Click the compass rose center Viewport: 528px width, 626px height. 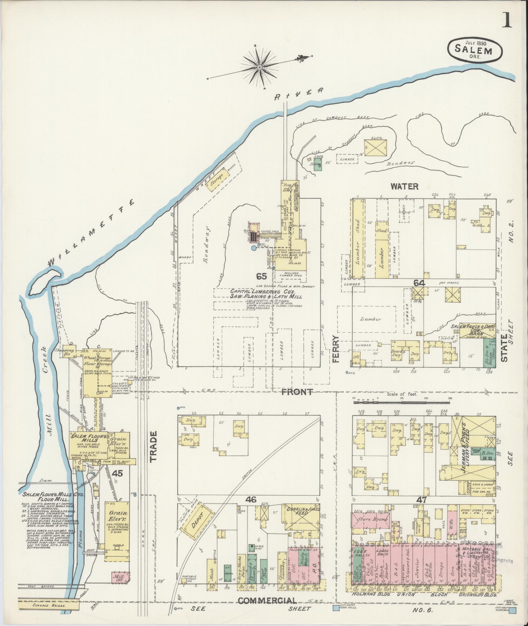[260, 68]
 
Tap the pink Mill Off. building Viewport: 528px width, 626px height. [118, 577]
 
